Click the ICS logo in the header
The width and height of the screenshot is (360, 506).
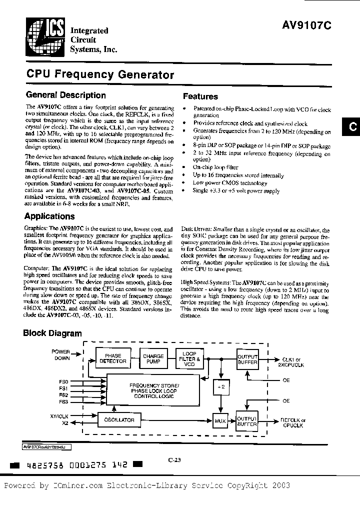point(44,36)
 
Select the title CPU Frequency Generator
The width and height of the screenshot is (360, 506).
point(100,74)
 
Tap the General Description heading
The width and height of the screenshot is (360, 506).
point(65,95)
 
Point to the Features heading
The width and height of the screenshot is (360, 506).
point(200,96)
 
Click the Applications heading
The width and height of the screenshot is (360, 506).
point(49,216)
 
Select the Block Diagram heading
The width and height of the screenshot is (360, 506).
point(52,333)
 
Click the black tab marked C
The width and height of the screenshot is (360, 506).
point(351,127)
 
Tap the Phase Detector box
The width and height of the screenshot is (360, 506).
point(113,358)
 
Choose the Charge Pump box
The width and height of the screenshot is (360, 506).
point(153,358)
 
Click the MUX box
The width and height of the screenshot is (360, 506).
point(220,421)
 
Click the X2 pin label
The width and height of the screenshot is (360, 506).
point(64,423)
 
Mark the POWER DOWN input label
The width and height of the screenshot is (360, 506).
point(61,354)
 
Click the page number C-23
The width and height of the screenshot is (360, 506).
point(174,461)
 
